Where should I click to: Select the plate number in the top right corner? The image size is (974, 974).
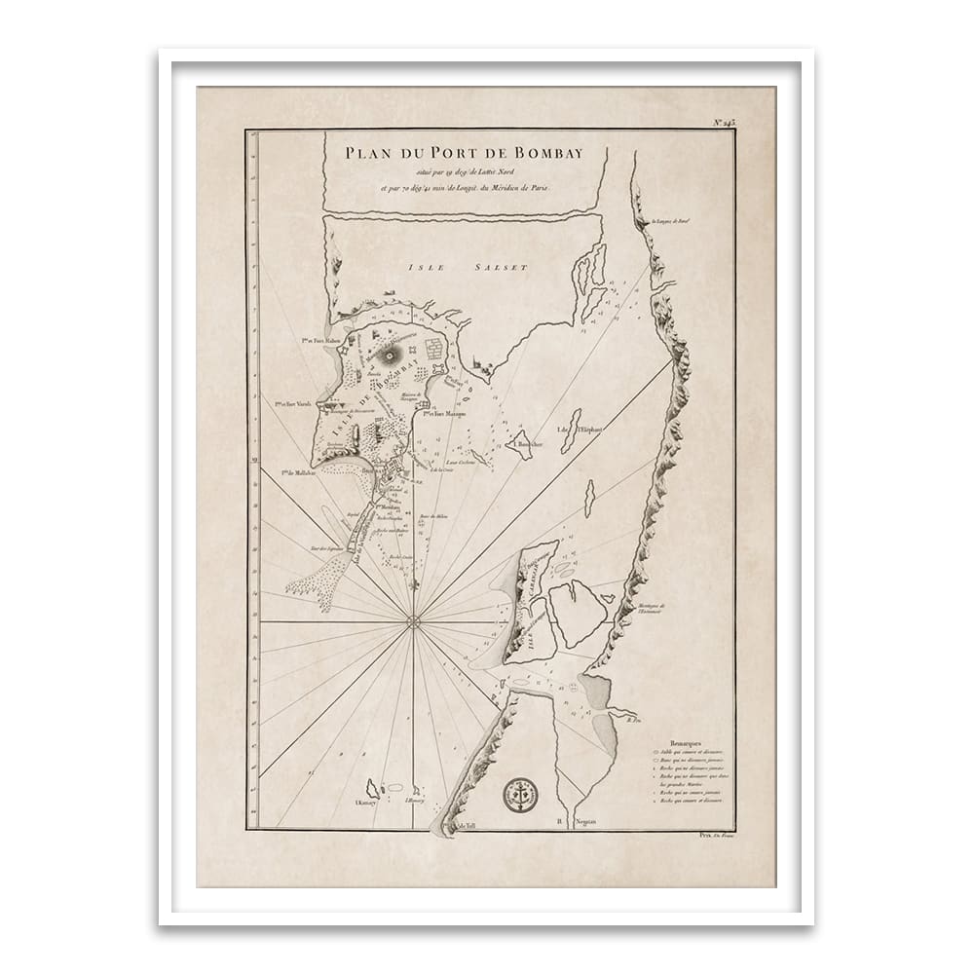[724, 122]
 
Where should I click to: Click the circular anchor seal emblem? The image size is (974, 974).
[519, 795]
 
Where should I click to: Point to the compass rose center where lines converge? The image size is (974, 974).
[413, 620]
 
